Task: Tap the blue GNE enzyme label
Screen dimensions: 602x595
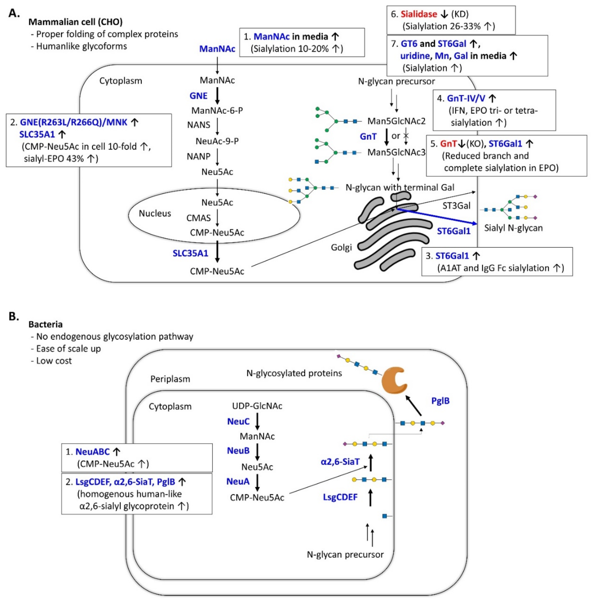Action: tap(198, 96)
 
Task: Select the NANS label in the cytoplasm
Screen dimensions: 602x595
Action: tap(198, 125)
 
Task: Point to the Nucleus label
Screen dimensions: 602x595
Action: tap(155, 213)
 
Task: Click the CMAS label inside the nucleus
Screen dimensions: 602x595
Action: tap(198, 218)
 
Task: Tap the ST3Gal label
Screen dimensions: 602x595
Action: tap(456, 206)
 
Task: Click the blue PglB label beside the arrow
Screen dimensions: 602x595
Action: tap(440, 401)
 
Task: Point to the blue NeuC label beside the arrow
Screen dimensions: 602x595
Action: tap(238, 421)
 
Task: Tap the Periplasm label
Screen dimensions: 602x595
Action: tap(170, 379)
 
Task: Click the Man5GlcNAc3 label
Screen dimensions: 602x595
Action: tap(396, 152)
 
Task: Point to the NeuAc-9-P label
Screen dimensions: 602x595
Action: tap(217, 141)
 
